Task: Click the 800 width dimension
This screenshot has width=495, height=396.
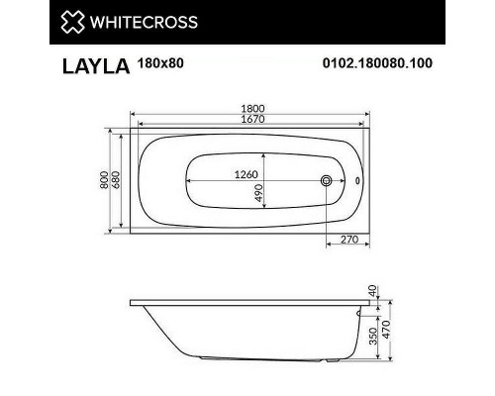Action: [104, 181]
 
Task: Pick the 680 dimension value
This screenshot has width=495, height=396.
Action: [117, 181]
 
